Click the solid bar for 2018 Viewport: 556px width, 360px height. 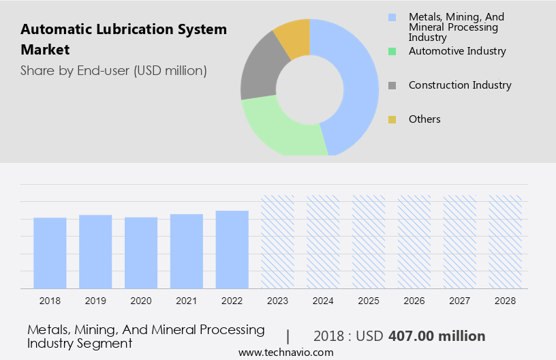[x=50, y=252]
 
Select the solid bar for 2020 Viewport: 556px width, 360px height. [x=141, y=252]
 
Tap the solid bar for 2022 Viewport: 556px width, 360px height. [x=232, y=250]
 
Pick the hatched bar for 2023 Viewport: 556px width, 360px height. [x=278, y=241]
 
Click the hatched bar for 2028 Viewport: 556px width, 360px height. [x=506, y=241]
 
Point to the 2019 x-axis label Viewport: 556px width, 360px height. [x=95, y=301]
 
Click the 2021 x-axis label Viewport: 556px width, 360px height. [x=187, y=301]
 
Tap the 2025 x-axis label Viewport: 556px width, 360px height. [x=369, y=301]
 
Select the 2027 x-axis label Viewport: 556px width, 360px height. [x=460, y=301]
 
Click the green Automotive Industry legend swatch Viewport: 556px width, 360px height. [x=392, y=51]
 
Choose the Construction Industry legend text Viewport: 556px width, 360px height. [x=460, y=85]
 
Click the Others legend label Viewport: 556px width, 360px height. [x=424, y=119]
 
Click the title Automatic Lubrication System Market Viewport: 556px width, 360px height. [x=123, y=40]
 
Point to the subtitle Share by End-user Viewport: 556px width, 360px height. [x=114, y=70]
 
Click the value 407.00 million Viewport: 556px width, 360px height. [x=437, y=336]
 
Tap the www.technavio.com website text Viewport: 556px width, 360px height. [x=286, y=352]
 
